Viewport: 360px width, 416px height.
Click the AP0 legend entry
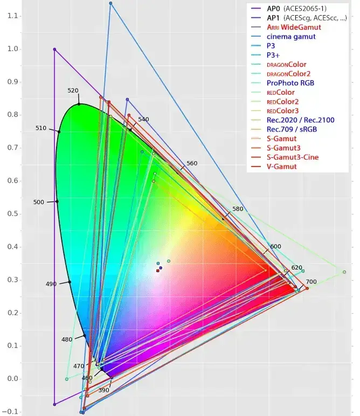[x=276, y=9]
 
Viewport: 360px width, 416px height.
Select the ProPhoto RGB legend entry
[x=290, y=83]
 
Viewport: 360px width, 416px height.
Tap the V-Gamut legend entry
[x=281, y=167]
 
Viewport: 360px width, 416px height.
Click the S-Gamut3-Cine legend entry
[x=292, y=157]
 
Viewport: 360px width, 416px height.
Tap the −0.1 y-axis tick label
[x=10, y=412]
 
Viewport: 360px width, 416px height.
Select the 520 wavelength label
[x=73, y=91]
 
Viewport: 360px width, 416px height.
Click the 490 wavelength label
[x=51, y=284]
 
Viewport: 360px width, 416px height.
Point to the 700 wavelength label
[x=311, y=282]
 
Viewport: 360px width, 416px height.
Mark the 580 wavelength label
[x=238, y=209]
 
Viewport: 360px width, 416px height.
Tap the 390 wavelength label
[x=104, y=390]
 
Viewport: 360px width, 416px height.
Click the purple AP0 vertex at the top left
[x=54, y=49]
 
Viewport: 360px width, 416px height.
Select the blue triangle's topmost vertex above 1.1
[x=110, y=3]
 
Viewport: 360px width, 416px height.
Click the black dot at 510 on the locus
[x=59, y=131]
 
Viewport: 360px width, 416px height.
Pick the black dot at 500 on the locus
[x=57, y=202]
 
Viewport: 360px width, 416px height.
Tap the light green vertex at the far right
[x=344, y=272]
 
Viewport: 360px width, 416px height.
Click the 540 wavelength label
[x=143, y=119]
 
